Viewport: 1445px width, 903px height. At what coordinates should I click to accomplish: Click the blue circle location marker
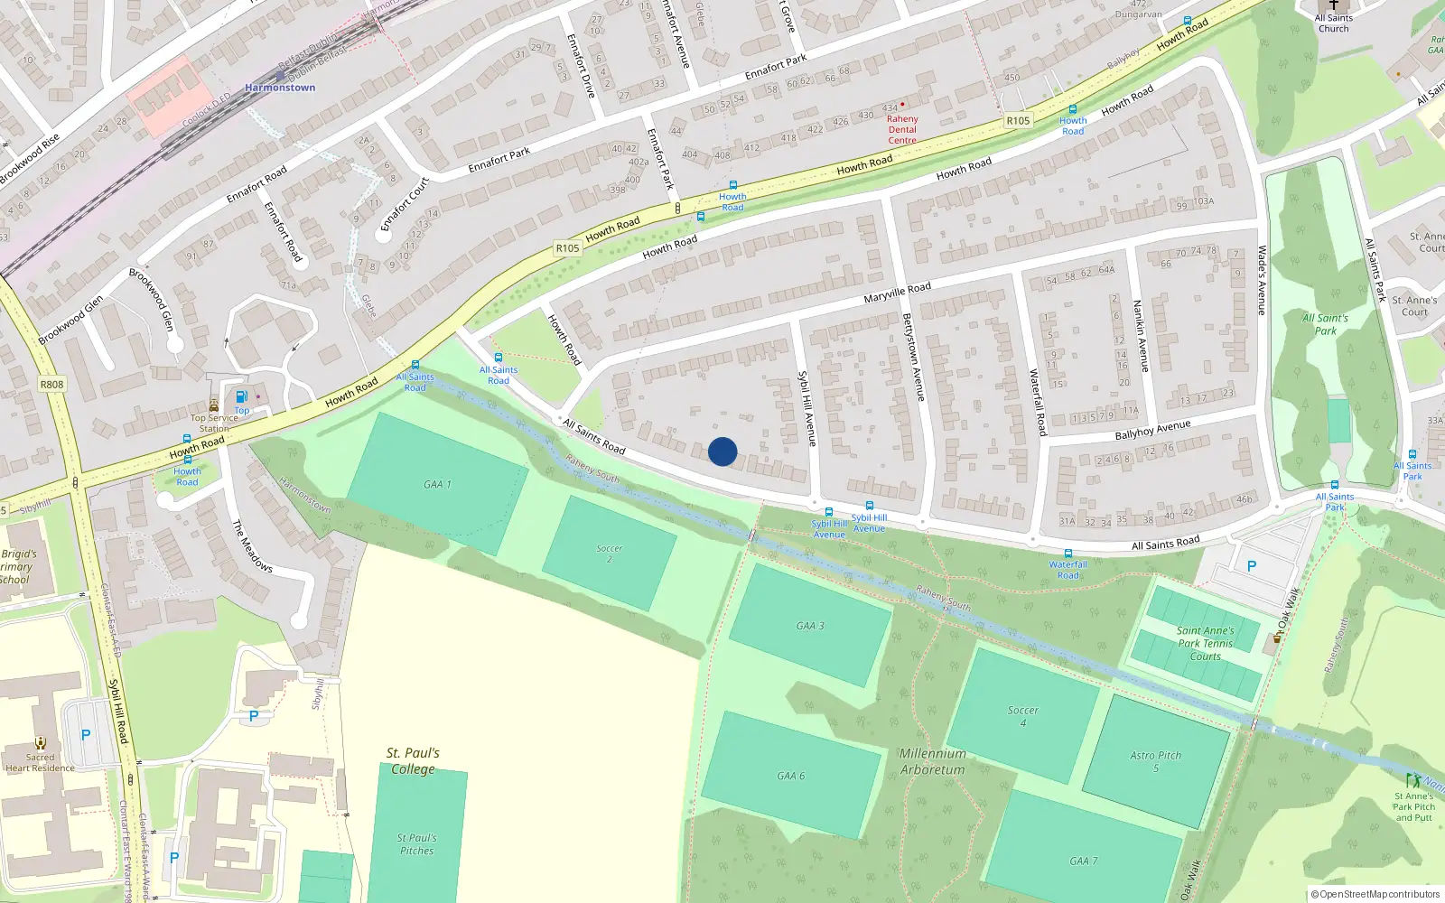[x=722, y=451]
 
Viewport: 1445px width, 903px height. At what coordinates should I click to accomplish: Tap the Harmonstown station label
[x=280, y=88]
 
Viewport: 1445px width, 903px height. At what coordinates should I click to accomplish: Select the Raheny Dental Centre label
[x=902, y=129]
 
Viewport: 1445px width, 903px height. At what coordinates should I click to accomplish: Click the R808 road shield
[x=51, y=385]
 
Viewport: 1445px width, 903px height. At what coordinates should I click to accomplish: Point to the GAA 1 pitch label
[x=437, y=485]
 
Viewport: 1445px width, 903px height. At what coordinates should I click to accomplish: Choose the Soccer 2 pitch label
[x=610, y=554]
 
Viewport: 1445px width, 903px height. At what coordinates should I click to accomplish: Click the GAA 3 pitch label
[x=810, y=626]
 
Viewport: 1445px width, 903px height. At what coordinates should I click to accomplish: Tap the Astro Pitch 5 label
[x=1155, y=761]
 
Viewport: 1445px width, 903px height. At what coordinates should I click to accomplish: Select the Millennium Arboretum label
[x=932, y=761]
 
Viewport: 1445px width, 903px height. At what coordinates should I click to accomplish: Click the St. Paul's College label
[x=413, y=760]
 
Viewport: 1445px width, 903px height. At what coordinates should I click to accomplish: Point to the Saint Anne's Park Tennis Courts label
[x=1205, y=643]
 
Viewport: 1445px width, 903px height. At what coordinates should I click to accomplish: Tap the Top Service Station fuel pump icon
[x=241, y=396]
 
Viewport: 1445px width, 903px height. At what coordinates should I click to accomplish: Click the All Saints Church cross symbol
[x=1334, y=5]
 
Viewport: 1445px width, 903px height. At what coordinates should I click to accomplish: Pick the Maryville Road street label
[x=897, y=293]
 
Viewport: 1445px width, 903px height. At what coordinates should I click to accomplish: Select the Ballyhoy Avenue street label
[x=1152, y=430]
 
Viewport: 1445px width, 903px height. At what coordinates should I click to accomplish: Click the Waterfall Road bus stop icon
[x=1067, y=554]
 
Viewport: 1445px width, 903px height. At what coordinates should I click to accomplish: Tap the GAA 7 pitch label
[x=1083, y=861]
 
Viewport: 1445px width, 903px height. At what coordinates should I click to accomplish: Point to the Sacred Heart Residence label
[x=40, y=763]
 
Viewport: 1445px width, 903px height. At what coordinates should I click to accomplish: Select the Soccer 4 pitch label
[x=1022, y=716]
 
